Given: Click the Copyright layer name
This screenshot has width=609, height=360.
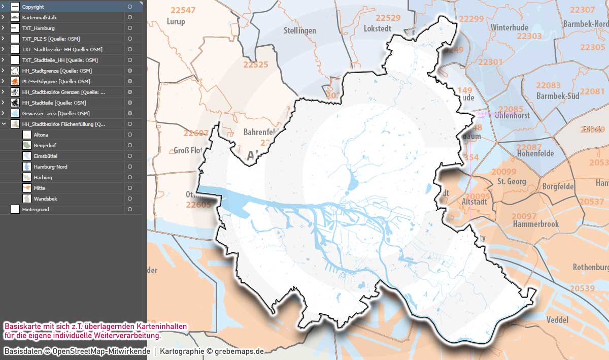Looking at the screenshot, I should [x=33, y=7].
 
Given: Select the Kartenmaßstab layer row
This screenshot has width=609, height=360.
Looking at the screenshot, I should [x=39, y=18].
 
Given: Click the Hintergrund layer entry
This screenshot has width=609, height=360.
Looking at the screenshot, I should [x=36, y=209].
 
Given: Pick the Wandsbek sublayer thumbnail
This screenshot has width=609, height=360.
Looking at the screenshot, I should [x=27, y=199].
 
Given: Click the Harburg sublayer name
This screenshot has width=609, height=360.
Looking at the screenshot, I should [x=43, y=178].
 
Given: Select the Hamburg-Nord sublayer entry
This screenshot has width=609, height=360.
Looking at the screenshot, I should [x=50, y=167].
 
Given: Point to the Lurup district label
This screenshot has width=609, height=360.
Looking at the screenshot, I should [x=176, y=22].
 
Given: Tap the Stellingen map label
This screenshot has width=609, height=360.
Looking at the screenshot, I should [x=300, y=30].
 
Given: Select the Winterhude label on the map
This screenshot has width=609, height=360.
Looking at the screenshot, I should [x=510, y=27].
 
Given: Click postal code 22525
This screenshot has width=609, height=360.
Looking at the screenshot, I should [x=255, y=65].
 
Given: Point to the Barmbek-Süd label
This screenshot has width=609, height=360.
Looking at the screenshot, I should [x=557, y=96].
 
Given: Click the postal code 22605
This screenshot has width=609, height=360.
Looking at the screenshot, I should [x=198, y=205].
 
